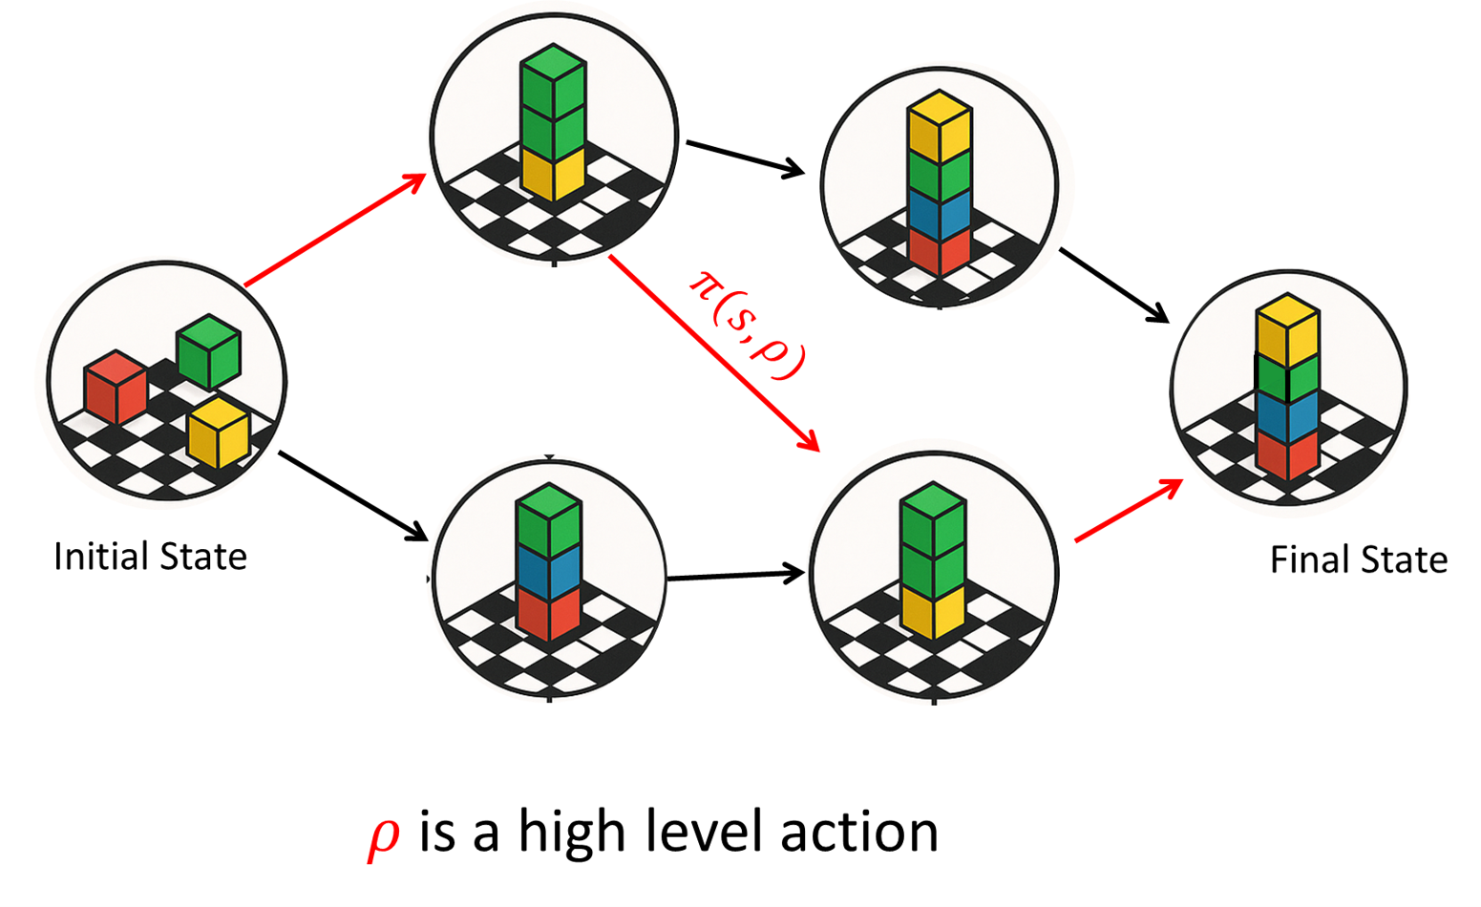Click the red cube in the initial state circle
tap(116, 388)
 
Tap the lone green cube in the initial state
tap(208, 351)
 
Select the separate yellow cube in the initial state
tap(219, 432)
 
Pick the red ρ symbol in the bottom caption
tap(384, 836)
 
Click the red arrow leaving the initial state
tap(334, 230)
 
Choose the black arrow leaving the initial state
tap(352, 496)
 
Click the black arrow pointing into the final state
tap(1113, 285)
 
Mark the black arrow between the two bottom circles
tap(734, 576)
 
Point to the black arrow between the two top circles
tap(746, 158)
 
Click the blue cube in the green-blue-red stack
tap(548, 569)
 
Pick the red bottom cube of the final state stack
tap(1287, 453)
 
